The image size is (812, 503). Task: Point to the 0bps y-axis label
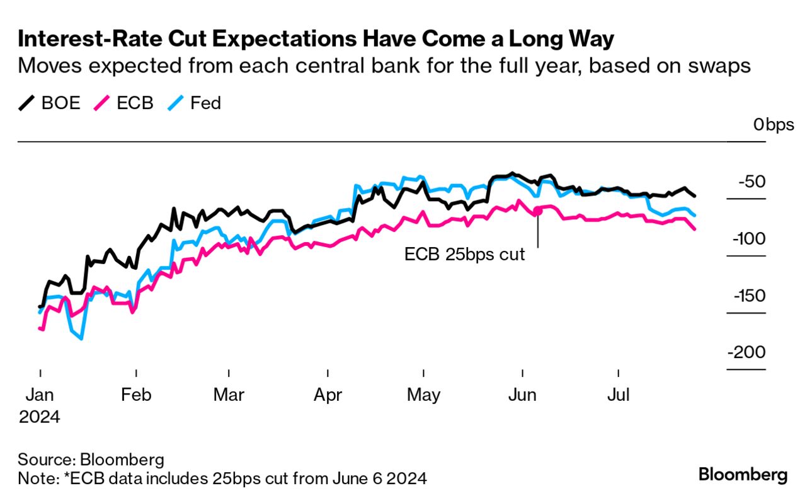point(774,125)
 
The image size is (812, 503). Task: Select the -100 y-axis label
point(748,239)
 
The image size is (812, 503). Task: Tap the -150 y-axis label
point(748,296)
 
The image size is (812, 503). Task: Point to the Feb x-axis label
point(136,395)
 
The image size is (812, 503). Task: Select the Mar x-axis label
point(229,395)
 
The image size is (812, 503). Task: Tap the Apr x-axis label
point(328,395)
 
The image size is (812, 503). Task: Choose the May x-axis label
point(423,395)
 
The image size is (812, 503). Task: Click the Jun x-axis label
point(522,395)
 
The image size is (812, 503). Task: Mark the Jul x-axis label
point(619,395)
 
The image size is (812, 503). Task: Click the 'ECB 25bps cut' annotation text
point(465,255)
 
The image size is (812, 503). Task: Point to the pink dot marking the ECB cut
point(537,211)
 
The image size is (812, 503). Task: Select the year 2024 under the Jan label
point(39,417)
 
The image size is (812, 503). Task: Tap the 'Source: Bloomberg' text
point(91,459)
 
